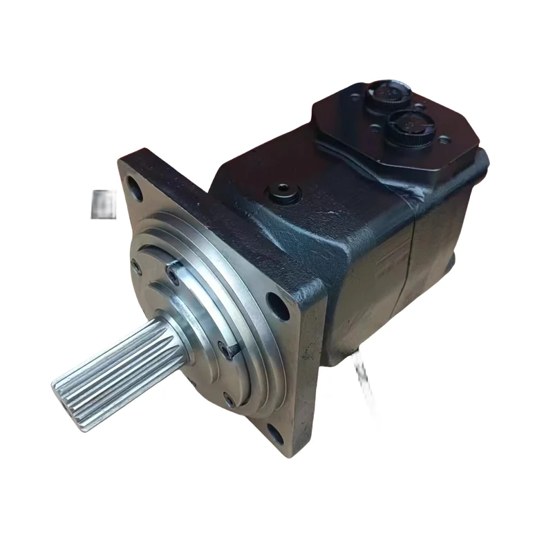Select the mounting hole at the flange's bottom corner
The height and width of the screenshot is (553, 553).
pos(275,434)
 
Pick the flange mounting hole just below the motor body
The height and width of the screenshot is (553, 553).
pos(279,304)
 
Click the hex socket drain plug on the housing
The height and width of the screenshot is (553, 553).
pos(284,191)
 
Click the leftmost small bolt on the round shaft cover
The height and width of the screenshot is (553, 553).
pos(136,265)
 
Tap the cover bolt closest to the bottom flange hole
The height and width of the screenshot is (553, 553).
pos(229,398)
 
